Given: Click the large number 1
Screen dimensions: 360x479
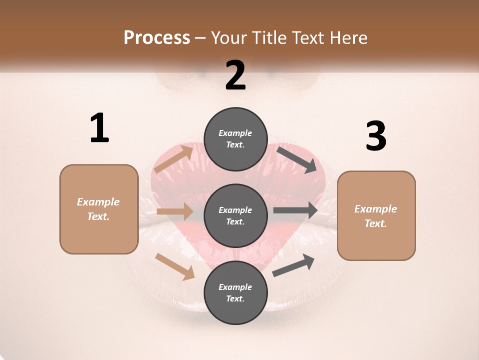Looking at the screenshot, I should coord(99,128).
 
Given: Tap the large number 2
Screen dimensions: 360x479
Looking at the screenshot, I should coord(236,75).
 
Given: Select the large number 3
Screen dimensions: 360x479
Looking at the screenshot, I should coord(376,136).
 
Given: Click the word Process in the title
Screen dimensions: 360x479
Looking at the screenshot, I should coord(157,37).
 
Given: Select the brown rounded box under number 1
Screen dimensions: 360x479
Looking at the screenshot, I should coord(99,209).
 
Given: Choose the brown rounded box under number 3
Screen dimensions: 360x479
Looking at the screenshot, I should coord(376,215).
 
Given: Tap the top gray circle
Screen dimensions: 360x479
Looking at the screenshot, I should coord(236,139).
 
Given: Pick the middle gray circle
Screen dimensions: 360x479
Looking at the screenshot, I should coord(236,215).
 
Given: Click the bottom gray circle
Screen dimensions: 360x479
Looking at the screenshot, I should coord(236,292).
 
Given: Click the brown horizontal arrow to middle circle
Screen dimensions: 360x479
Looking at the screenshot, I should coord(175,211).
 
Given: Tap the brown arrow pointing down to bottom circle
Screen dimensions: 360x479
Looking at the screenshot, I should coord(175,266).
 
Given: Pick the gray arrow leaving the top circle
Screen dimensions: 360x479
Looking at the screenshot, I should coord(297,159).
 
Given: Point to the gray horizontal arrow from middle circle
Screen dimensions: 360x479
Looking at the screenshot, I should coord(295,210).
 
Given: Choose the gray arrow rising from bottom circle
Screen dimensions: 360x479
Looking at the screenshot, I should coord(293,265).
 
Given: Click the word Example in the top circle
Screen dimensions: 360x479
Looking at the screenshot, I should coord(236,133).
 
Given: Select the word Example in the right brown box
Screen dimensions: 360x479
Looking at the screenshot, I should coord(376,209).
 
